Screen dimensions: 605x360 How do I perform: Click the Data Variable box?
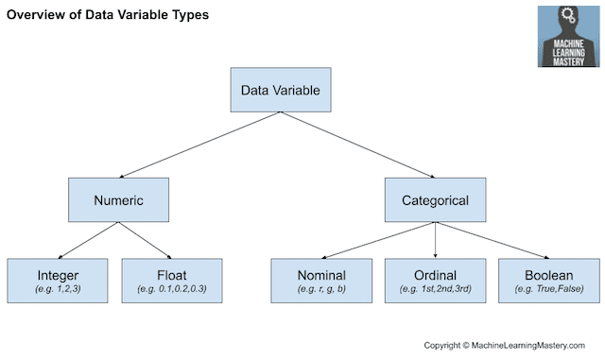(x=281, y=90)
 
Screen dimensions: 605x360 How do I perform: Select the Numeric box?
(x=118, y=200)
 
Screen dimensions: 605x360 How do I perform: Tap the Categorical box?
(x=435, y=200)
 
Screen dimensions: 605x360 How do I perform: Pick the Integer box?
(x=58, y=281)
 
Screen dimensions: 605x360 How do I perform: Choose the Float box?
(x=172, y=281)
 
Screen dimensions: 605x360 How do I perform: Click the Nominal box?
(x=321, y=281)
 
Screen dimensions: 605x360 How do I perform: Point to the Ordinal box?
(x=435, y=281)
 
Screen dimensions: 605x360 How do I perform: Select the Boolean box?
(x=549, y=281)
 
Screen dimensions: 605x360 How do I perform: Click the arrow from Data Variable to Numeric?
(x=199, y=146)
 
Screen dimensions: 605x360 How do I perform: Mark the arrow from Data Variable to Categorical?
(x=357, y=146)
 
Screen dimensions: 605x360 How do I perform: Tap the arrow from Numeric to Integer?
(x=88, y=240)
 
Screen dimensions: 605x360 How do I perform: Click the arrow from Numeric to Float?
(x=145, y=240)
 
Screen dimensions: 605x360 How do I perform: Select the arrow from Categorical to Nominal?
(x=378, y=240)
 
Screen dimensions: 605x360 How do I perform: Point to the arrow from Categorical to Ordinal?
(x=435, y=240)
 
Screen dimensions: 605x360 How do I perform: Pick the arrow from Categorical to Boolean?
(x=493, y=240)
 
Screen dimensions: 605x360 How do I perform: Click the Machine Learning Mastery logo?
(x=569, y=36)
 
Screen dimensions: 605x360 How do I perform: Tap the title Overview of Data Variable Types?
(x=108, y=15)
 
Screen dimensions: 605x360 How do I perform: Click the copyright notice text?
(x=504, y=345)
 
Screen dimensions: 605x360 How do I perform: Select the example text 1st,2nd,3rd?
(x=435, y=288)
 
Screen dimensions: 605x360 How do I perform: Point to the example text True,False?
(x=549, y=288)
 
